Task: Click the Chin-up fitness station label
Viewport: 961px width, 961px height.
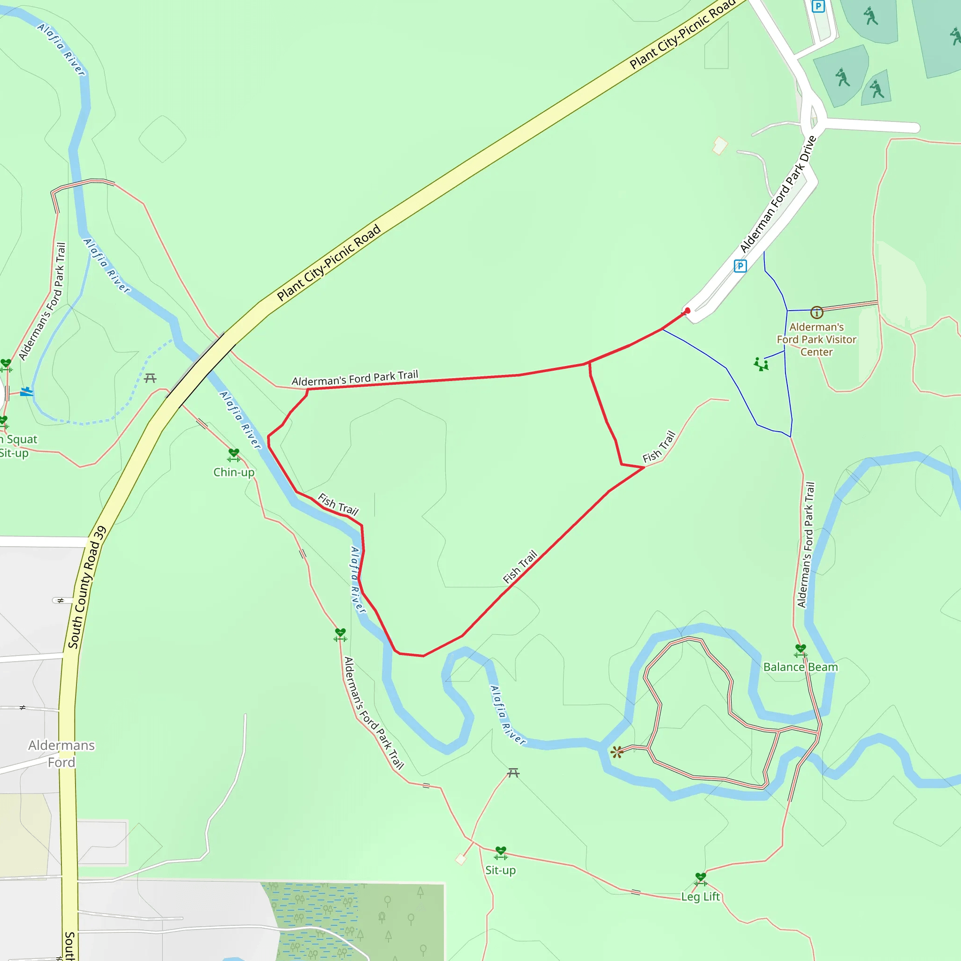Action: pos(234,472)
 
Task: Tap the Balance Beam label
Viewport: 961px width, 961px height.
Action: pos(801,667)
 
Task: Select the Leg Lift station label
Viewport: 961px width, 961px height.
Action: pos(701,897)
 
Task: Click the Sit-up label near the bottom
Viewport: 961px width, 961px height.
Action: pos(500,870)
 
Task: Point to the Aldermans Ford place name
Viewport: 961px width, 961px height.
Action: pos(61,754)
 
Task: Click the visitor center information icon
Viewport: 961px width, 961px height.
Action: pos(817,313)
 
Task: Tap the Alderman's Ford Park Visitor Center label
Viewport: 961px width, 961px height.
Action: pos(816,339)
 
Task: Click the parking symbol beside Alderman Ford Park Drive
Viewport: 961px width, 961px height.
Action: pos(740,266)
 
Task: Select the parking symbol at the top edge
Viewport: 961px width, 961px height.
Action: pos(818,6)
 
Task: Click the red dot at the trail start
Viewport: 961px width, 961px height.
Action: pos(687,310)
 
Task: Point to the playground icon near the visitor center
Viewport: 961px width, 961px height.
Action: pos(761,364)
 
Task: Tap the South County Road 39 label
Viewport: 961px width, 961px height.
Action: pos(87,587)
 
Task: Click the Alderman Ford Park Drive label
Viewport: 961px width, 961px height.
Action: pos(778,194)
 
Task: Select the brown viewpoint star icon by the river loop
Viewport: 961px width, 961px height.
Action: pos(617,752)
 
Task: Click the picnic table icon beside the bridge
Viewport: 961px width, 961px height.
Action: pos(150,379)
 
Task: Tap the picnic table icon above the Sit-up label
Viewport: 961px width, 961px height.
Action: pos(513,773)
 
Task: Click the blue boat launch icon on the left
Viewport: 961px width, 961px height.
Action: pos(26,392)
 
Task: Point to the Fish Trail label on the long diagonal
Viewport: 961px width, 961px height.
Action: pos(520,566)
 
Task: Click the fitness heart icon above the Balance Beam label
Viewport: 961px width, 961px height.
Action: pos(801,649)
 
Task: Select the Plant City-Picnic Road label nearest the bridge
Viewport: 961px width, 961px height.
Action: pos(329,263)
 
